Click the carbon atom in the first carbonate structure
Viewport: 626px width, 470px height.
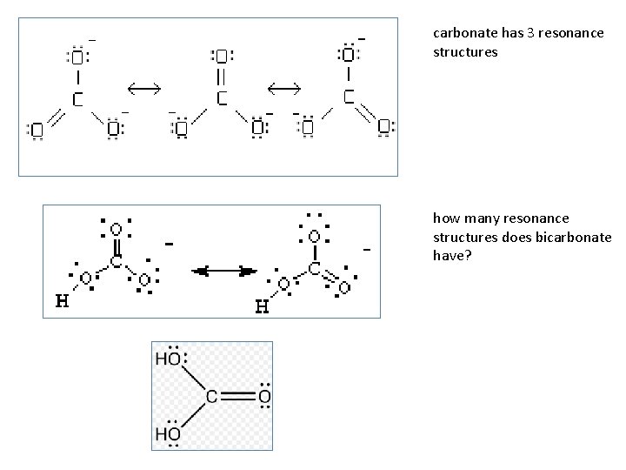77,98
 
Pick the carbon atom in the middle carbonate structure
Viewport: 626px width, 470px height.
222,97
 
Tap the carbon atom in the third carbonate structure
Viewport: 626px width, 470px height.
349,96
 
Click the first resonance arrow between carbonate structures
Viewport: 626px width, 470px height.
143,87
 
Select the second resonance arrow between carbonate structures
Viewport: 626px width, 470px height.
283,88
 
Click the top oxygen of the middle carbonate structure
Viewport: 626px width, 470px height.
222,57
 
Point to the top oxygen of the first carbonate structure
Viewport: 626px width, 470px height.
77,57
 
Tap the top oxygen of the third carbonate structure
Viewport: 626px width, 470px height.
349,55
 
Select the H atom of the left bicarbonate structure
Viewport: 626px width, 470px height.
62,302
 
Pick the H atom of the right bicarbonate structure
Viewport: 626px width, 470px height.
262,306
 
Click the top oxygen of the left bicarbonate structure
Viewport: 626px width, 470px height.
116,230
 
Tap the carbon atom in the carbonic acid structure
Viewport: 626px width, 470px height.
211,397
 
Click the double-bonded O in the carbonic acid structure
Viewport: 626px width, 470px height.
263,397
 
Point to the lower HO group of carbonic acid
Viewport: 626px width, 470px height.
169,433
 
